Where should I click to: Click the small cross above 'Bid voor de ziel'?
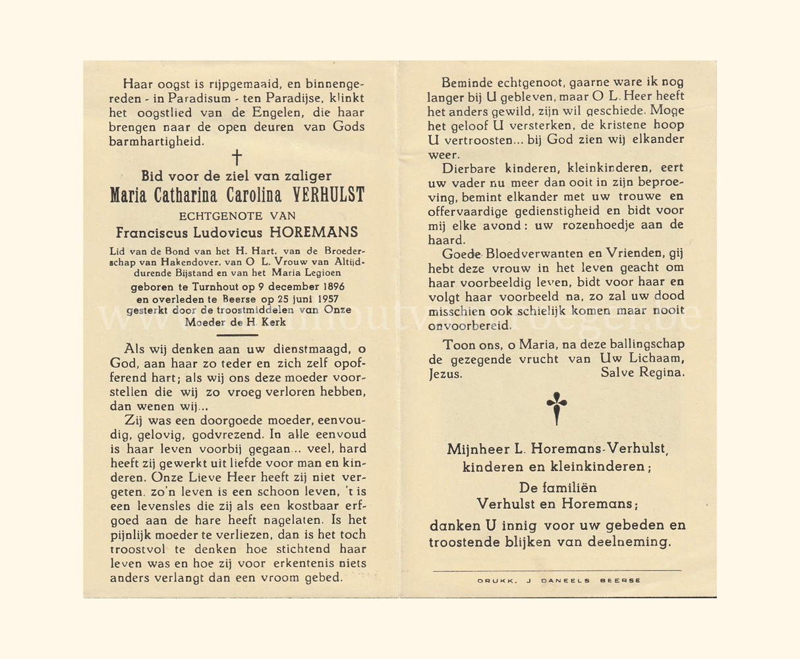point(237,157)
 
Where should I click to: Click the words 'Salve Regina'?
point(643,373)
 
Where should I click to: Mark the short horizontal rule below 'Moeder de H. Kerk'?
point(236,335)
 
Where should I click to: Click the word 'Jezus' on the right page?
point(445,373)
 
